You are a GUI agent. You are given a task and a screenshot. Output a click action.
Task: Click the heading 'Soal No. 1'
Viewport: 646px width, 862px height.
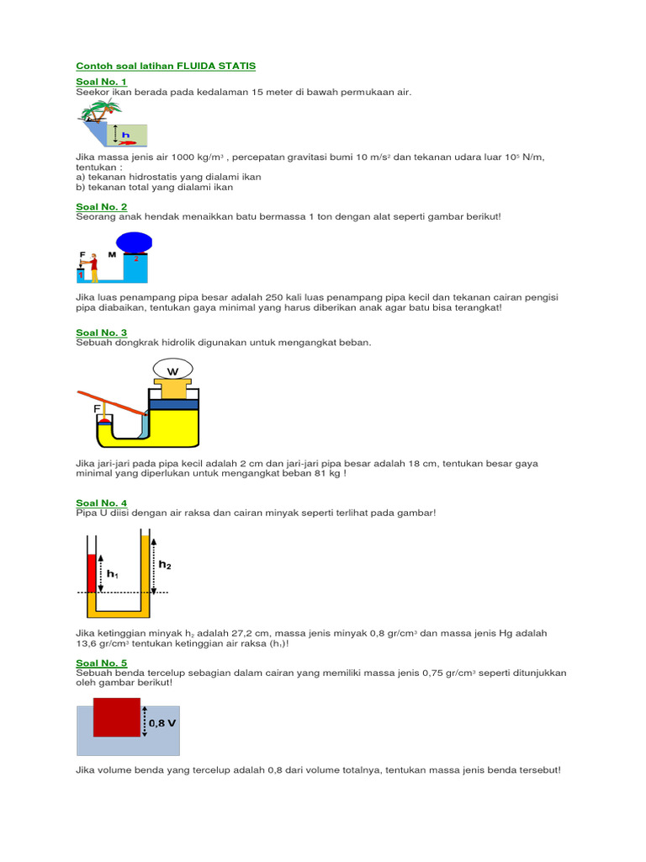coord(101,82)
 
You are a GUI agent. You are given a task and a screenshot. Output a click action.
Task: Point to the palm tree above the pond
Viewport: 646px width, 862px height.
coord(103,109)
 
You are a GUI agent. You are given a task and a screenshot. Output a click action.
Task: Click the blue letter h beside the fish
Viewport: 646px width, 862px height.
coord(125,134)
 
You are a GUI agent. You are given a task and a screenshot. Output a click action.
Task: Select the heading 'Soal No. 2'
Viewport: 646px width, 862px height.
coord(101,206)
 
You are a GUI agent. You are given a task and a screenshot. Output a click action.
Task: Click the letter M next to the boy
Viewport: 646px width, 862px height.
coord(111,253)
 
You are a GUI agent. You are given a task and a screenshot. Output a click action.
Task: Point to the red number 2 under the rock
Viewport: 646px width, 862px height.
coord(135,258)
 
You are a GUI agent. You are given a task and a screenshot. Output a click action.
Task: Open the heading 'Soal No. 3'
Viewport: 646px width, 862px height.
coord(101,333)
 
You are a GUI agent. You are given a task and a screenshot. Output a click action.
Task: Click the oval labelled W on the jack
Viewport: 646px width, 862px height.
coord(173,370)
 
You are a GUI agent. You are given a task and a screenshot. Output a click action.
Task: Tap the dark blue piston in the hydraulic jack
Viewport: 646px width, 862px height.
coord(174,404)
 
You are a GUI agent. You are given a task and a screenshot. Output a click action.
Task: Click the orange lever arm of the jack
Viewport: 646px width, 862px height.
coord(113,403)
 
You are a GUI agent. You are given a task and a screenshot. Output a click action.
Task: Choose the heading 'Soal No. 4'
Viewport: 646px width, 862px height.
coord(101,503)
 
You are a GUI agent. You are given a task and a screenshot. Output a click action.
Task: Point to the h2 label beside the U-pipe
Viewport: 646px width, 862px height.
coord(165,566)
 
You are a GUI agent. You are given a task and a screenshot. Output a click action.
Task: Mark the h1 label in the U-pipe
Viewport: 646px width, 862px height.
coord(112,574)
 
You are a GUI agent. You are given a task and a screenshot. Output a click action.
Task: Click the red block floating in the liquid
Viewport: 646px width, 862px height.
coord(117,716)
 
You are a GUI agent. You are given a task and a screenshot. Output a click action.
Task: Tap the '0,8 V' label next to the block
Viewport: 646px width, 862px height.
coord(162,723)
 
